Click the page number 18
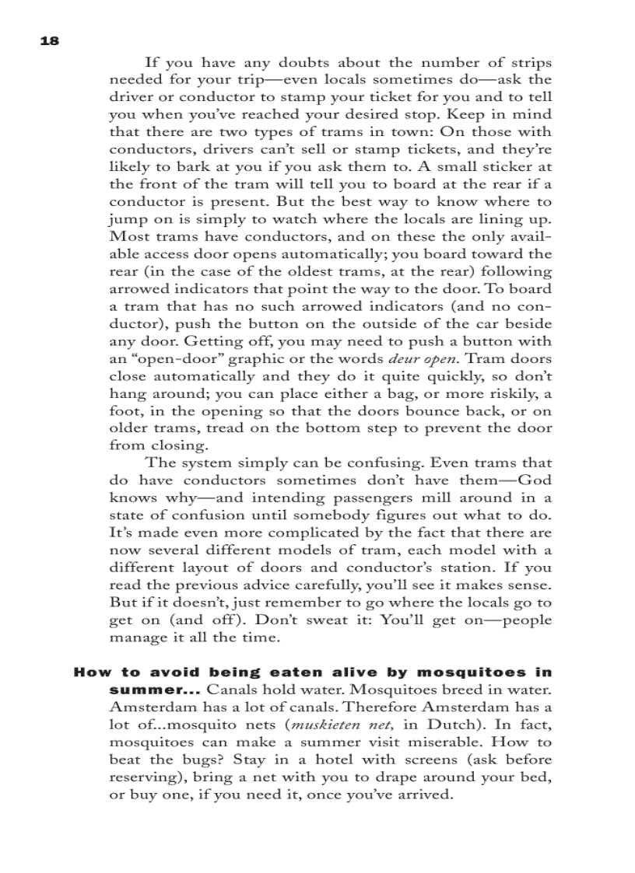tap(49, 41)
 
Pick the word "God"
tap(535, 480)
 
